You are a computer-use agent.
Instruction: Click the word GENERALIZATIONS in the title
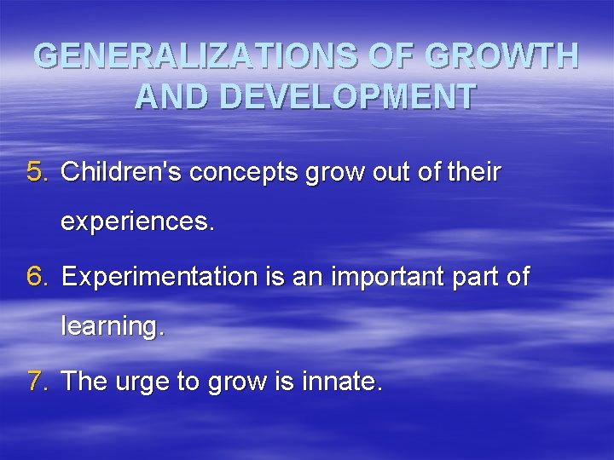coord(182,56)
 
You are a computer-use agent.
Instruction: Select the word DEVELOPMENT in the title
coord(346,97)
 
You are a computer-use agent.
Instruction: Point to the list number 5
coord(38,172)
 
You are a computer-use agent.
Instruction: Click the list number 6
coord(38,276)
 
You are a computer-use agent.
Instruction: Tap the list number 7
coord(38,381)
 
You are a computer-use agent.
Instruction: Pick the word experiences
coord(137,224)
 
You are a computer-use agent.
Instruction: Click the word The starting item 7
coord(84,381)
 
